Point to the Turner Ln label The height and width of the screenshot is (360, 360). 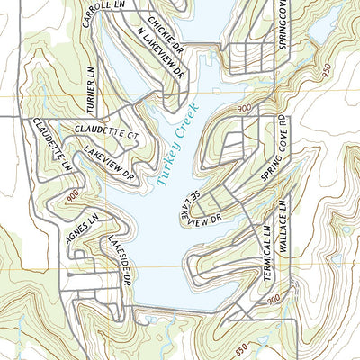pyautogui.click(x=91, y=83)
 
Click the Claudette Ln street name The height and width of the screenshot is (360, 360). pyautogui.click(x=50, y=144)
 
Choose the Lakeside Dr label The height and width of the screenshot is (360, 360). pyautogui.click(x=120, y=262)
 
